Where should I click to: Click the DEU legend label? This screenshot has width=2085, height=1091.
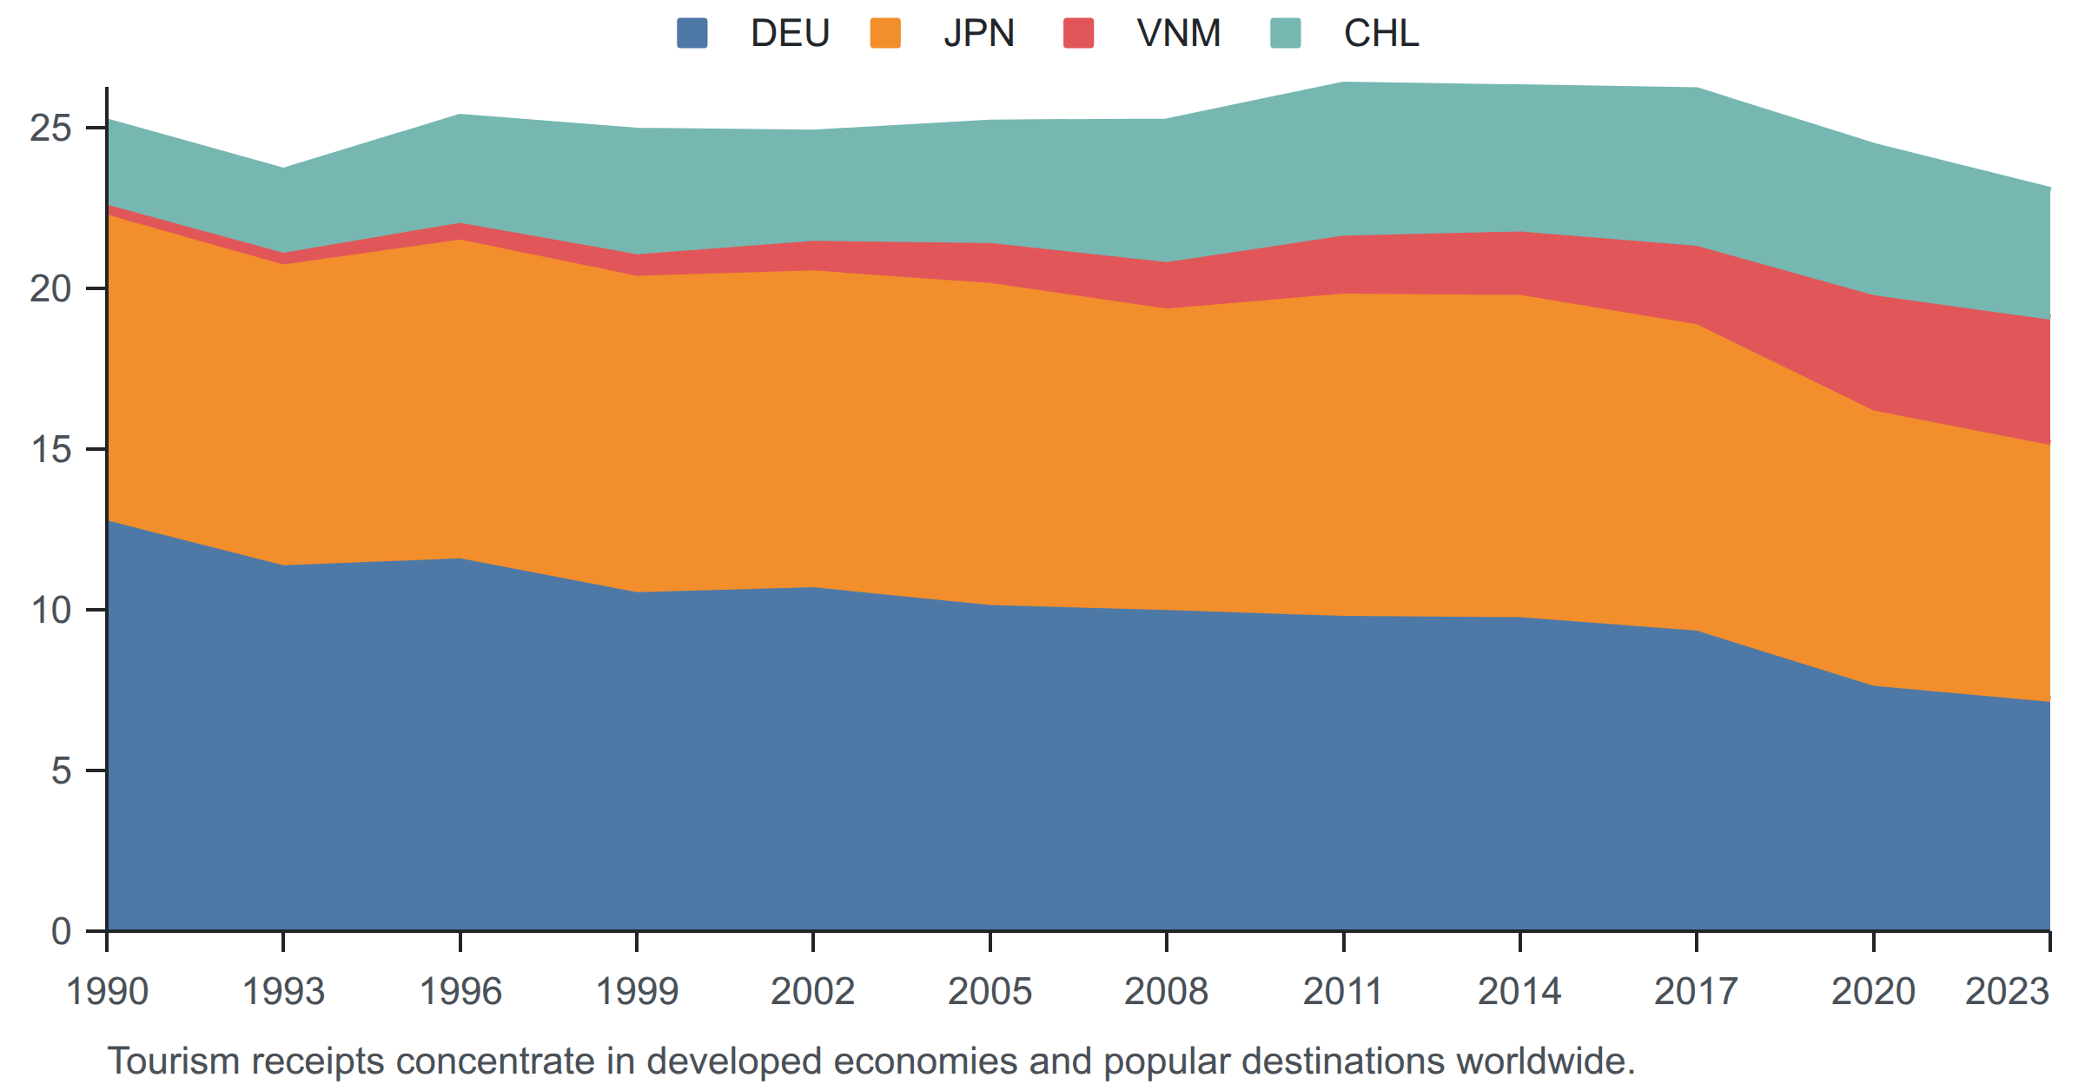click(x=790, y=34)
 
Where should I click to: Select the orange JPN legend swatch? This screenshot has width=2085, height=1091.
click(x=885, y=34)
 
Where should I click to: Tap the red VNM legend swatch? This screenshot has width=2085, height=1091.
click(x=1078, y=34)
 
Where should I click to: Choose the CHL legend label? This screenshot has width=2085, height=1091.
click(x=1381, y=34)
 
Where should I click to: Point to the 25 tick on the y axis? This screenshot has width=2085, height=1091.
click(x=50, y=128)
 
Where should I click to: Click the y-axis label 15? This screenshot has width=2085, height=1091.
click(x=50, y=449)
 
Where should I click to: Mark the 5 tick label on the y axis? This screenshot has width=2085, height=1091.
click(x=61, y=770)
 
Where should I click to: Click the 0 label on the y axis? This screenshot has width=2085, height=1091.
click(x=61, y=931)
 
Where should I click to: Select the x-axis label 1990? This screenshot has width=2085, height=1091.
click(x=108, y=991)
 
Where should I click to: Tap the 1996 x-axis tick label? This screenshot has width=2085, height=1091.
click(x=460, y=991)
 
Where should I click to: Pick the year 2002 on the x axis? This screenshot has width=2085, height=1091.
click(x=813, y=991)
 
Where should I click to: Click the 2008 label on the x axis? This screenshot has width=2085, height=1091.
click(x=1166, y=991)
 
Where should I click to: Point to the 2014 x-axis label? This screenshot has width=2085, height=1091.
click(x=1519, y=991)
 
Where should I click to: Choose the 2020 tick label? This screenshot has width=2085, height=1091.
click(x=1873, y=991)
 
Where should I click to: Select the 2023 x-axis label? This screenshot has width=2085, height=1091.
click(x=2008, y=991)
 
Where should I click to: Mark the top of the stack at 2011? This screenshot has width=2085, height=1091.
click(x=1344, y=83)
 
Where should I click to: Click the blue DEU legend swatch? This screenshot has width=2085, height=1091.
click(x=692, y=34)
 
